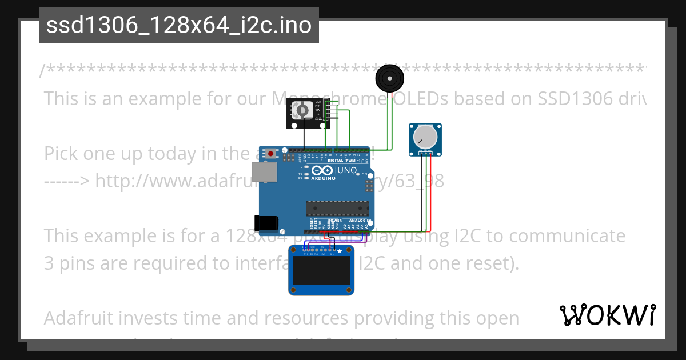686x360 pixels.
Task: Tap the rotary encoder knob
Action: (x=302, y=110)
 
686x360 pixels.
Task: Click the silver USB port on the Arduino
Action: (x=264, y=171)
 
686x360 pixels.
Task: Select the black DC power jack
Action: (x=267, y=223)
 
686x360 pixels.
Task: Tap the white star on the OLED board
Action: (x=340, y=251)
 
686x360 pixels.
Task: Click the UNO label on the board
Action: (x=348, y=170)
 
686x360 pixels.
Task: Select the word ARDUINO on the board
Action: (x=324, y=178)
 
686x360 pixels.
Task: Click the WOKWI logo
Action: (x=608, y=315)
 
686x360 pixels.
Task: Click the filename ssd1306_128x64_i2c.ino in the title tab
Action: (x=178, y=26)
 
